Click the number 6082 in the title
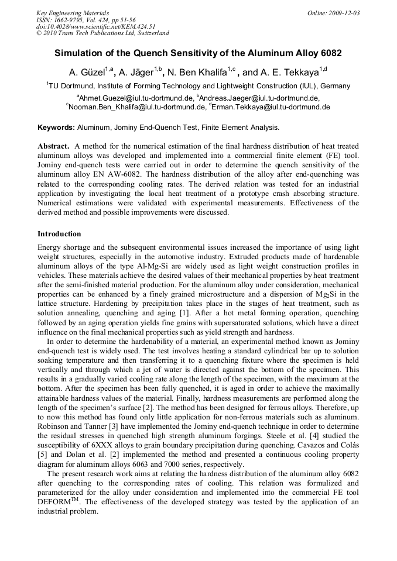click(x=330, y=53)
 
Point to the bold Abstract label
click(x=53, y=146)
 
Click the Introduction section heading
click(x=59, y=233)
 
